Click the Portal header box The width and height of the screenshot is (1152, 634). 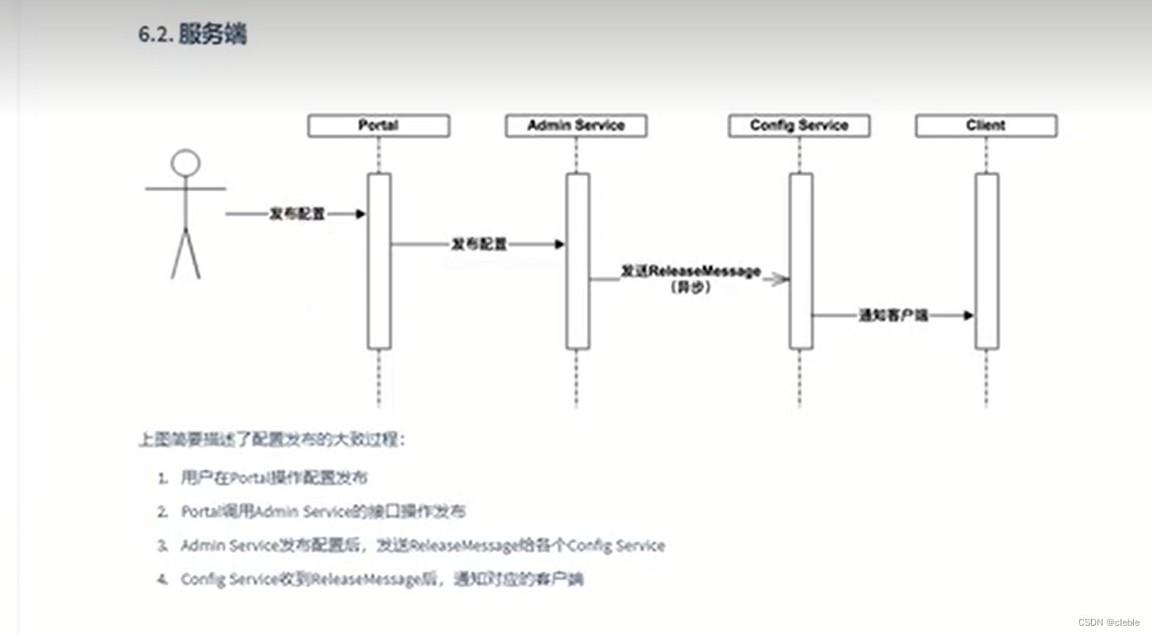[378, 126]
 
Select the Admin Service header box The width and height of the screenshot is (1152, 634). [576, 126]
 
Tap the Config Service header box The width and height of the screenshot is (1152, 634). [799, 126]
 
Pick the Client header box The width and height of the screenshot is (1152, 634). [985, 126]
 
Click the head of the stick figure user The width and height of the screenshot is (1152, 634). [186, 163]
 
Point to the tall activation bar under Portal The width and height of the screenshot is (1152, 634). [379, 260]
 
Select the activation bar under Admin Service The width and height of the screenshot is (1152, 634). [577, 260]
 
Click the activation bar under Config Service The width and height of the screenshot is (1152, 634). [800, 260]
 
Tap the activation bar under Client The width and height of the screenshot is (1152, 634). [986, 260]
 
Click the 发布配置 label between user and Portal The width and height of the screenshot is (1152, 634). [297, 214]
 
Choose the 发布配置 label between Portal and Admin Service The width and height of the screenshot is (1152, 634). [479, 245]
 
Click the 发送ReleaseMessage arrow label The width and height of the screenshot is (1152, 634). [690, 271]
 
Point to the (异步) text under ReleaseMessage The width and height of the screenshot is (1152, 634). [690, 288]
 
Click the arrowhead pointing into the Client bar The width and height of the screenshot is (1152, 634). [968, 315]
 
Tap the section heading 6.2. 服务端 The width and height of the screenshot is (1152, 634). [192, 35]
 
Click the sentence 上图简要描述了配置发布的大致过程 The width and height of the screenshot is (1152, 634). [272, 440]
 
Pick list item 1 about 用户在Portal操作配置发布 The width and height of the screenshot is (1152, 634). [274, 478]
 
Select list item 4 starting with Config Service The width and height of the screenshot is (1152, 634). [382, 579]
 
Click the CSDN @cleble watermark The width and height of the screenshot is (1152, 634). [1108, 622]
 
